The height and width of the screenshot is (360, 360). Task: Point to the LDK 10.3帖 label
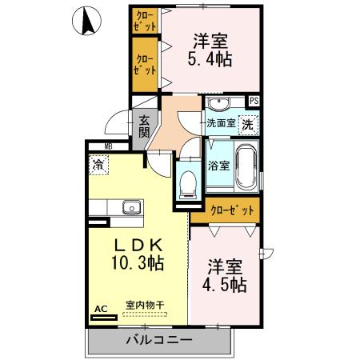pos(137,254)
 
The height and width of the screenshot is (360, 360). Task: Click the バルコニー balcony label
pos(158,341)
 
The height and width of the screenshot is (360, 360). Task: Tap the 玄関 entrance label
pos(144,126)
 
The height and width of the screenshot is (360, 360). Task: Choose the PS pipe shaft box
pos(254,101)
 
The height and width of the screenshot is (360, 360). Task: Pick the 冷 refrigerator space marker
pos(97,166)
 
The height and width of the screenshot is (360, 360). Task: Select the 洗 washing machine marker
pos(249,124)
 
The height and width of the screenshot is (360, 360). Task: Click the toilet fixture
pos(188,182)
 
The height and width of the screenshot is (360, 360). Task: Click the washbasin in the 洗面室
pos(218,105)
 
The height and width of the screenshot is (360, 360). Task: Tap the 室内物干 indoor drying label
pos(145,305)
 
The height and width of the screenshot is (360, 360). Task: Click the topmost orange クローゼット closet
pos(146,21)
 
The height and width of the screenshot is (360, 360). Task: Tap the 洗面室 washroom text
pos(221,124)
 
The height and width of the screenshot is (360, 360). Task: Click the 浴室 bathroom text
pos(219,166)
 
